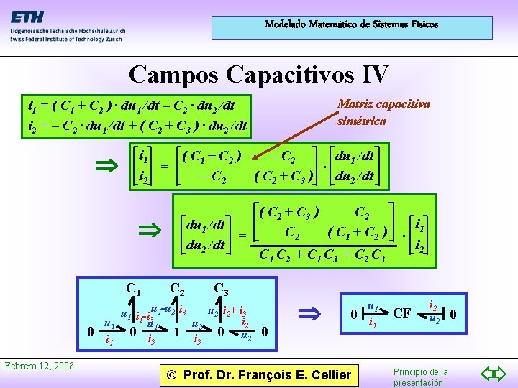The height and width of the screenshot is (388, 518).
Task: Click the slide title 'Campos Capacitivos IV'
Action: [259, 73]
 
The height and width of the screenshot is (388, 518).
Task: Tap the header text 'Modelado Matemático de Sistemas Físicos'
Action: [351, 24]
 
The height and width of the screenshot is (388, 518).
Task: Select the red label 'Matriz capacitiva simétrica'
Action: [383, 111]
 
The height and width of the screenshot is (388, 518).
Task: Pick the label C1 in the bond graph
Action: [133, 289]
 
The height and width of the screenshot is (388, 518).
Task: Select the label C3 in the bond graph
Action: [221, 290]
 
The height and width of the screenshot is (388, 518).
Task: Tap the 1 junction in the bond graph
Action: [177, 332]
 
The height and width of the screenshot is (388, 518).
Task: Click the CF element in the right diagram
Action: [402, 313]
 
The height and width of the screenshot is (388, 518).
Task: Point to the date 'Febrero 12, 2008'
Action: [40, 366]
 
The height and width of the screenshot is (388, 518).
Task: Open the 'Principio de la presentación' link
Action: [421, 377]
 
